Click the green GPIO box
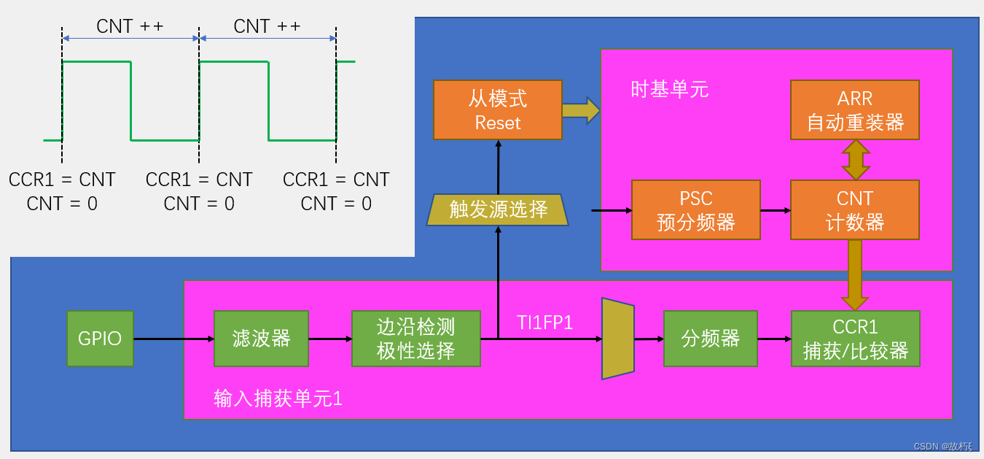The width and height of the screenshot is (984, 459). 100,339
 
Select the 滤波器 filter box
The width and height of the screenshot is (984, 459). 261,339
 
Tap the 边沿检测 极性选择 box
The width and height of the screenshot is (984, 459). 415,339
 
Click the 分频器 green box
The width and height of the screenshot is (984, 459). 710,339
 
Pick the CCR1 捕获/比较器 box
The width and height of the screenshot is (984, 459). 855,339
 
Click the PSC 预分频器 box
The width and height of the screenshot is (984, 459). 695,210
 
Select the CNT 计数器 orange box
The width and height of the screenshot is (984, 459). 854,210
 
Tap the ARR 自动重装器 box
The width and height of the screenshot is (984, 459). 854,110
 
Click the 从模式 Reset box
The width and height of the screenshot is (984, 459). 497,110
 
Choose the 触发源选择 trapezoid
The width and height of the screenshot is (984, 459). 497,210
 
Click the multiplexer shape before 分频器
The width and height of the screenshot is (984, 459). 617,339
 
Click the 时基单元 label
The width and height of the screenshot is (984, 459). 669,90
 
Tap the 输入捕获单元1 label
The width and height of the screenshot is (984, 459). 278,399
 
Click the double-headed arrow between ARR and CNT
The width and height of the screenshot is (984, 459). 855,160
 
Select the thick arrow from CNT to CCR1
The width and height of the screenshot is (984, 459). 854,274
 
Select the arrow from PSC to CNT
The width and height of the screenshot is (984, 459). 776,210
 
